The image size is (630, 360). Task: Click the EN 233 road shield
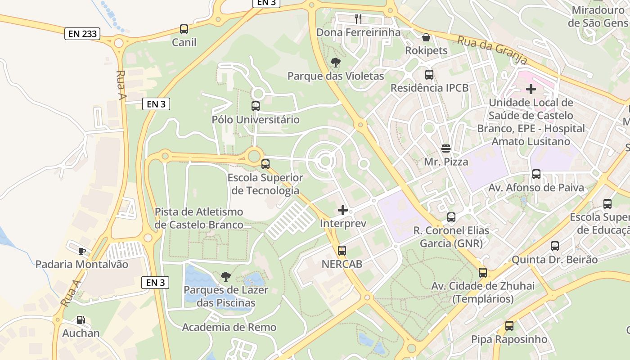coord(82,34)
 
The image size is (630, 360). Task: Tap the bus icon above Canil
coord(184,29)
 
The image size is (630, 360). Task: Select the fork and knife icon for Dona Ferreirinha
coord(358,18)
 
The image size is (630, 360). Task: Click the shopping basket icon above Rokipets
coord(426,37)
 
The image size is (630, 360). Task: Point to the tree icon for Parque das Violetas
coord(335,63)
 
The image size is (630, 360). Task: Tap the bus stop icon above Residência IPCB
coord(429,75)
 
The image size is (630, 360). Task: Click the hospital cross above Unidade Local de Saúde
coord(531,89)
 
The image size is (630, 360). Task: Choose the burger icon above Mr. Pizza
coord(446,148)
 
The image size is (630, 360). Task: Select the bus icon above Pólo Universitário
coord(256,107)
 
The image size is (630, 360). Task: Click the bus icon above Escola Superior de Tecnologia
coord(265,164)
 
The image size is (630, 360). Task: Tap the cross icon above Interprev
coord(343,210)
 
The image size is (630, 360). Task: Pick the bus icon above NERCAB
coord(342,251)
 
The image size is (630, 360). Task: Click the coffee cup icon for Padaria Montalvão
coord(81,251)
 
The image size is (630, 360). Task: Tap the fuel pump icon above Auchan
coord(81,320)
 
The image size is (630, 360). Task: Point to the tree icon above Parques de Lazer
coord(225,276)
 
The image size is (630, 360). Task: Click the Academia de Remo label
coord(229,327)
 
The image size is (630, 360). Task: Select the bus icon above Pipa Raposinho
coord(509,326)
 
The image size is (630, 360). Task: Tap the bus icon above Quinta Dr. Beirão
coord(555,246)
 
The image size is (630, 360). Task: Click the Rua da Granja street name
coord(492,50)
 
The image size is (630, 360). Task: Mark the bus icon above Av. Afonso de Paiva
coord(536,174)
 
